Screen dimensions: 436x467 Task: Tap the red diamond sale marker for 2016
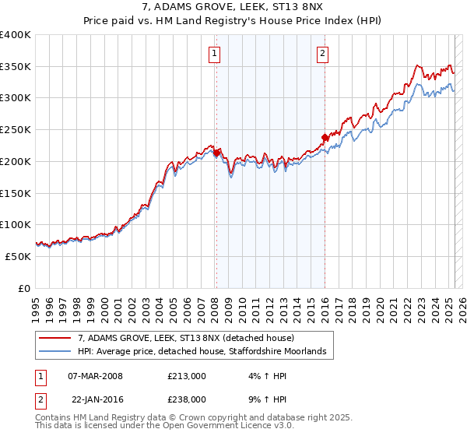[x=324, y=138]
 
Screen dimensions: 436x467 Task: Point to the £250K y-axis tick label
[x=16, y=129]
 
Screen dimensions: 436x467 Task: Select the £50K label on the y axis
[x=19, y=255]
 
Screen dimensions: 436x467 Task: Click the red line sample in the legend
[x=55, y=338]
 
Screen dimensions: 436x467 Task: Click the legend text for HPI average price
[x=205, y=352]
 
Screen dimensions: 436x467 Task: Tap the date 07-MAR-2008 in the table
[x=95, y=376]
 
